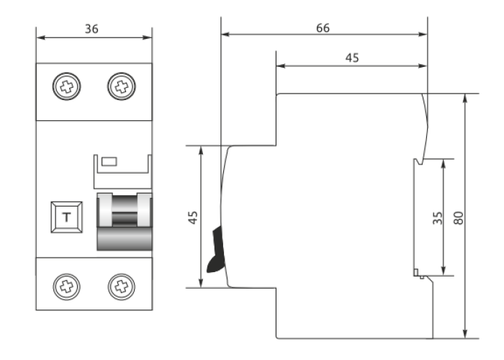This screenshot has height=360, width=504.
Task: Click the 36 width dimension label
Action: [91, 29]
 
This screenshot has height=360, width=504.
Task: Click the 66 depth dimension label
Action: [323, 27]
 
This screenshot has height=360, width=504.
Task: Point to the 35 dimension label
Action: [437, 217]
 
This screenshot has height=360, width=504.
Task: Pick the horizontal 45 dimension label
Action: [351, 58]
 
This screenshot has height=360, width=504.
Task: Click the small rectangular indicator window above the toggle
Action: [109, 161]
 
